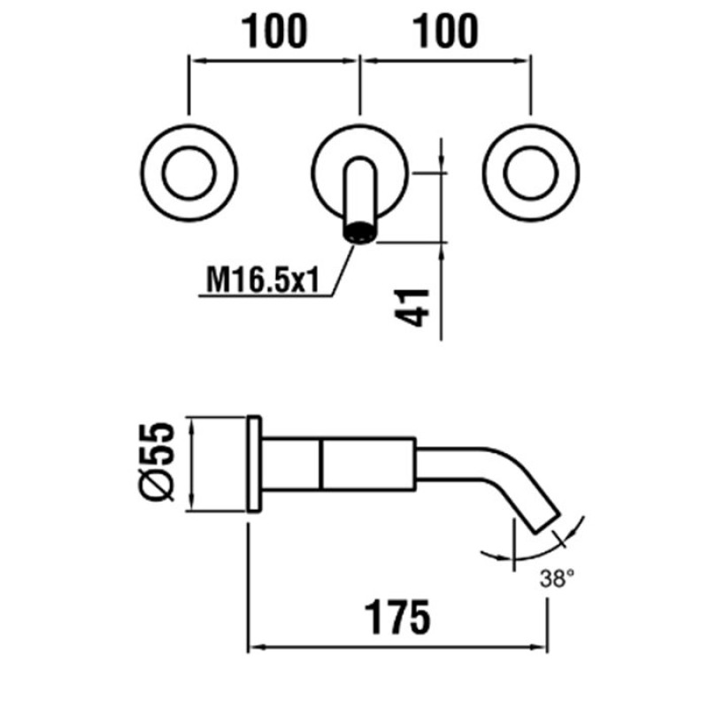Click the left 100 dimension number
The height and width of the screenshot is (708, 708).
(x=274, y=31)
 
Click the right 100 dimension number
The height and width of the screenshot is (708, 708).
(x=445, y=31)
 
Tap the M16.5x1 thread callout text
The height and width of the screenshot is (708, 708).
(x=262, y=280)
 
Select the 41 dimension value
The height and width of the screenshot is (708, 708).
(x=412, y=307)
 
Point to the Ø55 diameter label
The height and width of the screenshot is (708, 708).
(x=156, y=461)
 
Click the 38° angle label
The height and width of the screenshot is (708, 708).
(x=557, y=579)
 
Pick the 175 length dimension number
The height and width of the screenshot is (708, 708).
(x=397, y=618)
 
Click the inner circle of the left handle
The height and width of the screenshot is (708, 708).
(x=189, y=173)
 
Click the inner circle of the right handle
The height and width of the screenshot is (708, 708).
(x=530, y=173)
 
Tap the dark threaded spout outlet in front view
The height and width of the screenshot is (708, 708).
(x=360, y=232)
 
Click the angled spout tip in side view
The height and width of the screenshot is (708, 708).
(x=547, y=522)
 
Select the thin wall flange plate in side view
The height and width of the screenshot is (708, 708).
(x=254, y=464)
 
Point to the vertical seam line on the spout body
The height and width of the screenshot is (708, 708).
(x=321, y=464)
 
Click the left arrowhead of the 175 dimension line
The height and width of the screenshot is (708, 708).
(x=255, y=647)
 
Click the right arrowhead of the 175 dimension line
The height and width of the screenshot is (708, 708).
(x=540, y=647)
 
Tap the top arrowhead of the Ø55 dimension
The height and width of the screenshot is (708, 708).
(x=193, y=425)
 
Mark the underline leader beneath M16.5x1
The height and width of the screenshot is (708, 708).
(x=266, y=296)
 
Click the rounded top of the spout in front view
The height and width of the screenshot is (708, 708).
(x=360, y=162)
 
